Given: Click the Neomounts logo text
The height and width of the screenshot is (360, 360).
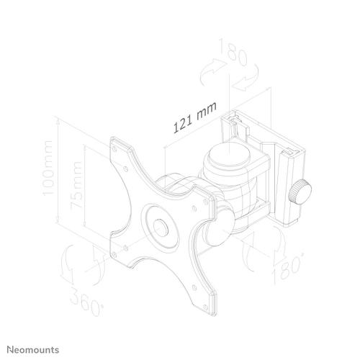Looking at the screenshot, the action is tap(33, 350).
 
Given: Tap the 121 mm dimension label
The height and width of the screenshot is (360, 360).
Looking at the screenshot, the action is tap(195, 117).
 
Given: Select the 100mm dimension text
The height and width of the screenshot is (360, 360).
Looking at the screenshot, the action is tap(48, 168).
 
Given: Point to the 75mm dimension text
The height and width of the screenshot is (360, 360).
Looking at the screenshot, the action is tap(76, 186).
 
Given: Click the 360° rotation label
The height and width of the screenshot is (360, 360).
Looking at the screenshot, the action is tap(87, 302).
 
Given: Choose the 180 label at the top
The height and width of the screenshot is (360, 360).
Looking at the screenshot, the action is tap(233, 52).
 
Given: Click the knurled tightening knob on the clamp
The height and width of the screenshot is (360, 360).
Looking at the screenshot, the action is tap(300, 192).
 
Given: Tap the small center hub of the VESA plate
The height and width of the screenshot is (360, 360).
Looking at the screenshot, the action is tap(161, 228).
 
